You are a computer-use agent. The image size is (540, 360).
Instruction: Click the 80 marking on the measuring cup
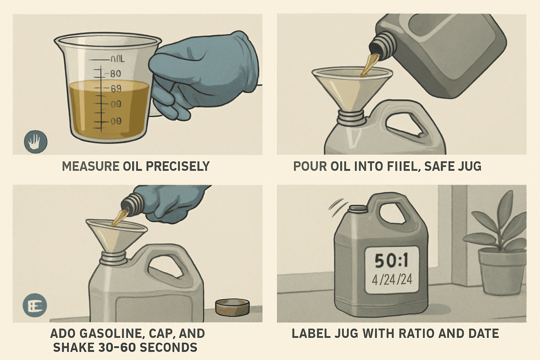click(x=115, y=74)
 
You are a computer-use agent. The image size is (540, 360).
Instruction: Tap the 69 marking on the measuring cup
click(x=116, y=89)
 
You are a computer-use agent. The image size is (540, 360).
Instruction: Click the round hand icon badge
click(x=36, y=142)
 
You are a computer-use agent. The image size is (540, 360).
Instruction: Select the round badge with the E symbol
click(x=35, y=306)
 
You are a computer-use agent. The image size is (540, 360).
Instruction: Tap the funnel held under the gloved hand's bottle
click(x=116, y=236)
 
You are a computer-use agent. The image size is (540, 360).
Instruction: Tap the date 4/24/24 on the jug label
click(x=392, y=280)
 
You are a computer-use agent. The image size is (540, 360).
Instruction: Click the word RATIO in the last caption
click(x=415, y=333)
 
